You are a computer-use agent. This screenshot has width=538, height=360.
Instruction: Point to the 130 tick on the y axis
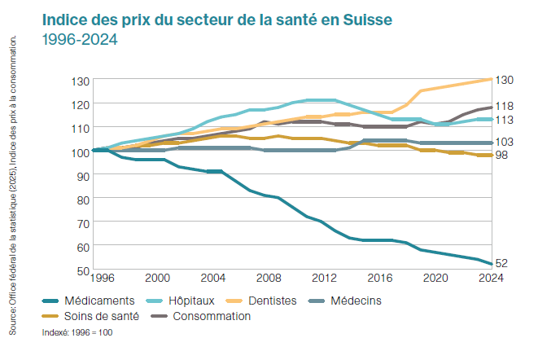80,81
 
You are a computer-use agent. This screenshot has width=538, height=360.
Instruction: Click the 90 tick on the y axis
82,175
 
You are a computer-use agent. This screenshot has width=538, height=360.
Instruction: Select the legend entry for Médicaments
98,301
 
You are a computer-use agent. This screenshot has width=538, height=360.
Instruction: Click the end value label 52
502,263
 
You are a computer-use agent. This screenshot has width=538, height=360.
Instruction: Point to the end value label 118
505,107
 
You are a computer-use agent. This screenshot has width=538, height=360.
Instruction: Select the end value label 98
502,155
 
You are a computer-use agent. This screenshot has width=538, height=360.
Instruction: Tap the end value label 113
505,120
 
